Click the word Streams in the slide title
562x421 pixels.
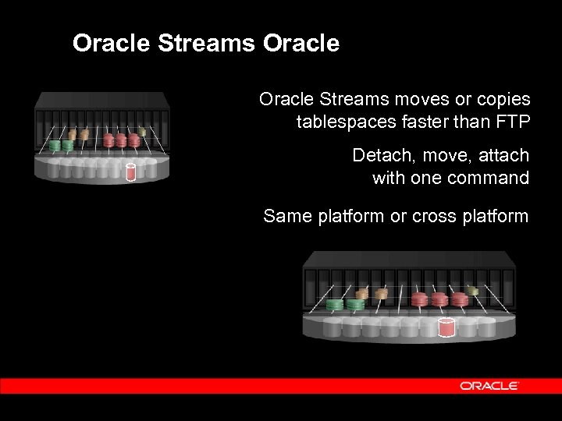[206, 44]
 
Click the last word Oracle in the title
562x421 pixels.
[301, 44]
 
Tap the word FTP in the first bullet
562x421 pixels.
[512, 122]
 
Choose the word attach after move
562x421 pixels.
[506, 155]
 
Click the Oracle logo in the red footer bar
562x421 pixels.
[489, 386]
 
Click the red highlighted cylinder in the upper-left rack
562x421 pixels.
[131, 172]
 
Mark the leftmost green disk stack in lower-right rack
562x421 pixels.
[336, 304]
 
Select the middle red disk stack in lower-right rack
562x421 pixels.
[439, 299]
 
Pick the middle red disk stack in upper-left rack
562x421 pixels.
[121, 140]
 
